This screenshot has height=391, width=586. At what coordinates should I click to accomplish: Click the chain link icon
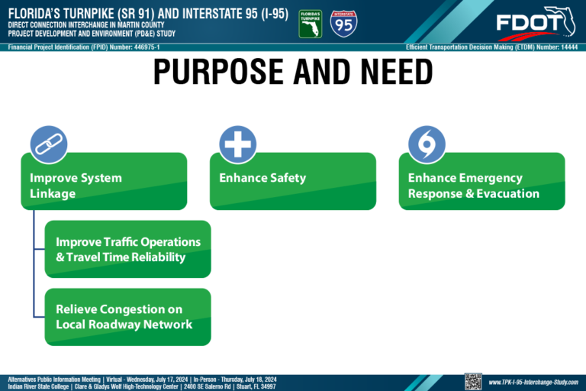click(49, 144)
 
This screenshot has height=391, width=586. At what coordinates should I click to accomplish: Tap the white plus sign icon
click(238, 144)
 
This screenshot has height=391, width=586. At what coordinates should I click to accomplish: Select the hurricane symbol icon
click(427, 144)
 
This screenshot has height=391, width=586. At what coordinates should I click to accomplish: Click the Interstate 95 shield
click(343, 24)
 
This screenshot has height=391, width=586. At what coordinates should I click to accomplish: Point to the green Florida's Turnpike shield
click(311, 24)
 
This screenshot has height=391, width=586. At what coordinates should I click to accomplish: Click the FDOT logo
click(536, 23)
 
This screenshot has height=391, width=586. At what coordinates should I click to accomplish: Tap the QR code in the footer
click(473, 382)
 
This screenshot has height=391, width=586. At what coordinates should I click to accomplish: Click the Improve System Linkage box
click(104, 182)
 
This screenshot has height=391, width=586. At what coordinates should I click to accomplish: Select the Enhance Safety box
click(293, 182)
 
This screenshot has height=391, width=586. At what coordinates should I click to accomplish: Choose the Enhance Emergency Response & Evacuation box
click(481, 182)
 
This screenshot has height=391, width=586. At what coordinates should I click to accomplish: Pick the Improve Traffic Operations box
click(128, 249)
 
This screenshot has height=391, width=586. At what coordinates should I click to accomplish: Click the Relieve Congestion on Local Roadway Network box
click(128, 317)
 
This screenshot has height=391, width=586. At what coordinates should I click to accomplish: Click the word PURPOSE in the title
click(218, 72)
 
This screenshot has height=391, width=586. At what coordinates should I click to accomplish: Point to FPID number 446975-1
click(146, 47)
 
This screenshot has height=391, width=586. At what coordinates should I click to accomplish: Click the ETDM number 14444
click(569, 47)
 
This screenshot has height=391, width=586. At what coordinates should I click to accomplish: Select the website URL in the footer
click(533, 383)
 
